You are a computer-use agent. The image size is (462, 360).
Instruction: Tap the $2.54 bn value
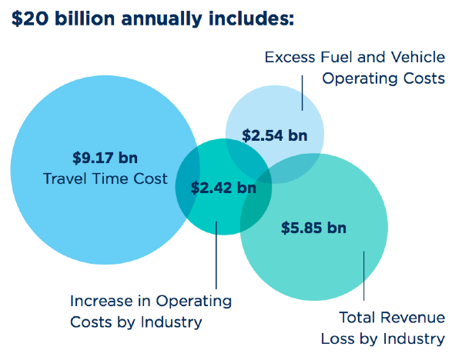tap(274, 136)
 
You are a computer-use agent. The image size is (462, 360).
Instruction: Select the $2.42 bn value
tap(223, 187)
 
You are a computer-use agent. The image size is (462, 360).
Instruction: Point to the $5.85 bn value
tap(313, 228)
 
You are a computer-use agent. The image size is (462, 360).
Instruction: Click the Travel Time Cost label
tap(105, 179)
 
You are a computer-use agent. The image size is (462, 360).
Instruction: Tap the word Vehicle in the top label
tap(417, 57)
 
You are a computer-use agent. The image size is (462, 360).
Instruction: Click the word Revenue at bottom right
tap(416, 317)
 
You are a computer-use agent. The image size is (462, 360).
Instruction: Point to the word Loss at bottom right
tap(339, 338)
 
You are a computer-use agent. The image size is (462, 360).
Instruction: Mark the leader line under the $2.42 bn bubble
tap(216, 254)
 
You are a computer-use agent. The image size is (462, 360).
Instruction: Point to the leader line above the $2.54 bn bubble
tap(303, 98)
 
